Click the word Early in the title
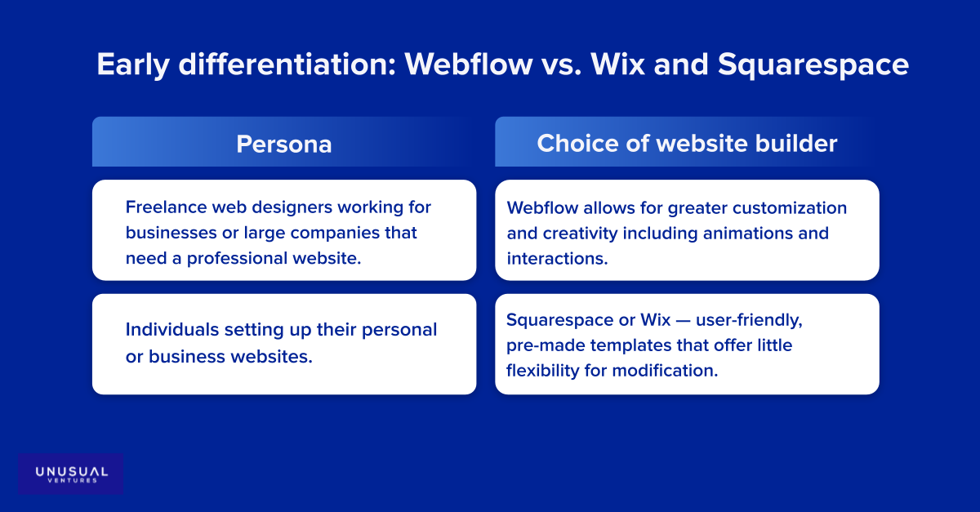133,65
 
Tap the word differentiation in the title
287,64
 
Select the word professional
237,259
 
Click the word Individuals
172,330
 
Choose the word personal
399,330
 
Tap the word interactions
557,259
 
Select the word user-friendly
749,320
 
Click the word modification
665,371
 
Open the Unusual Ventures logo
71,474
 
